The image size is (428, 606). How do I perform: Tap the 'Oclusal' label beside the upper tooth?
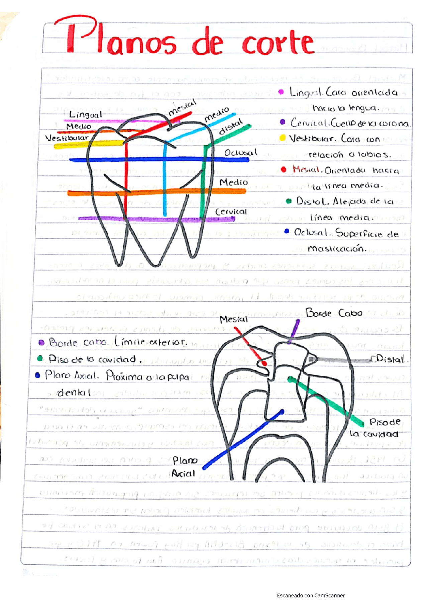click(x=240, y=153)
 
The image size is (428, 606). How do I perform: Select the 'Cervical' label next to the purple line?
click(x=231, y=212)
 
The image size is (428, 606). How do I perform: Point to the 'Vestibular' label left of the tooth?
click(x=67, y=138)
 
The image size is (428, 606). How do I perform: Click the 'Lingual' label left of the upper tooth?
click(x=85, y=115)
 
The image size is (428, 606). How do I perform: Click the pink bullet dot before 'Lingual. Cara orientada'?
click(x=281, y=92)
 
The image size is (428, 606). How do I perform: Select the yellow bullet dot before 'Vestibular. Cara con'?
click(x=283, y=138)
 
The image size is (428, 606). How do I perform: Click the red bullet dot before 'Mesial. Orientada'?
click(x=284, y=169)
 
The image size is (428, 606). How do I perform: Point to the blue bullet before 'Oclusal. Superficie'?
click(x=287, y=231)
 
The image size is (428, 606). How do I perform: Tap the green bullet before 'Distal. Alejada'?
click(x=289, y=201)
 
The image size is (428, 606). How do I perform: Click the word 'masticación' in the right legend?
click(x=337, y=249)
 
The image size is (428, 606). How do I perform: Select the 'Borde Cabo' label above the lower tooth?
click(x=334, y=313)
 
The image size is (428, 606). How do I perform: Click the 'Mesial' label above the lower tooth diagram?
click(x=233, y=320)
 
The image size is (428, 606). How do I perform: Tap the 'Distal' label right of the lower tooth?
click(x=390, y=359)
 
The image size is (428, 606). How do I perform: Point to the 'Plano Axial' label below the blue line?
click(x=184, y=467)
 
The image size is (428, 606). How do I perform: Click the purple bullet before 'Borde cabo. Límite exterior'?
click(x=41, y=342)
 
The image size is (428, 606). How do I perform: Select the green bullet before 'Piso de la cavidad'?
click(x=40, y=359)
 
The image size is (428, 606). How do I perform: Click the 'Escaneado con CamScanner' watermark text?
click(x=311, y=595)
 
